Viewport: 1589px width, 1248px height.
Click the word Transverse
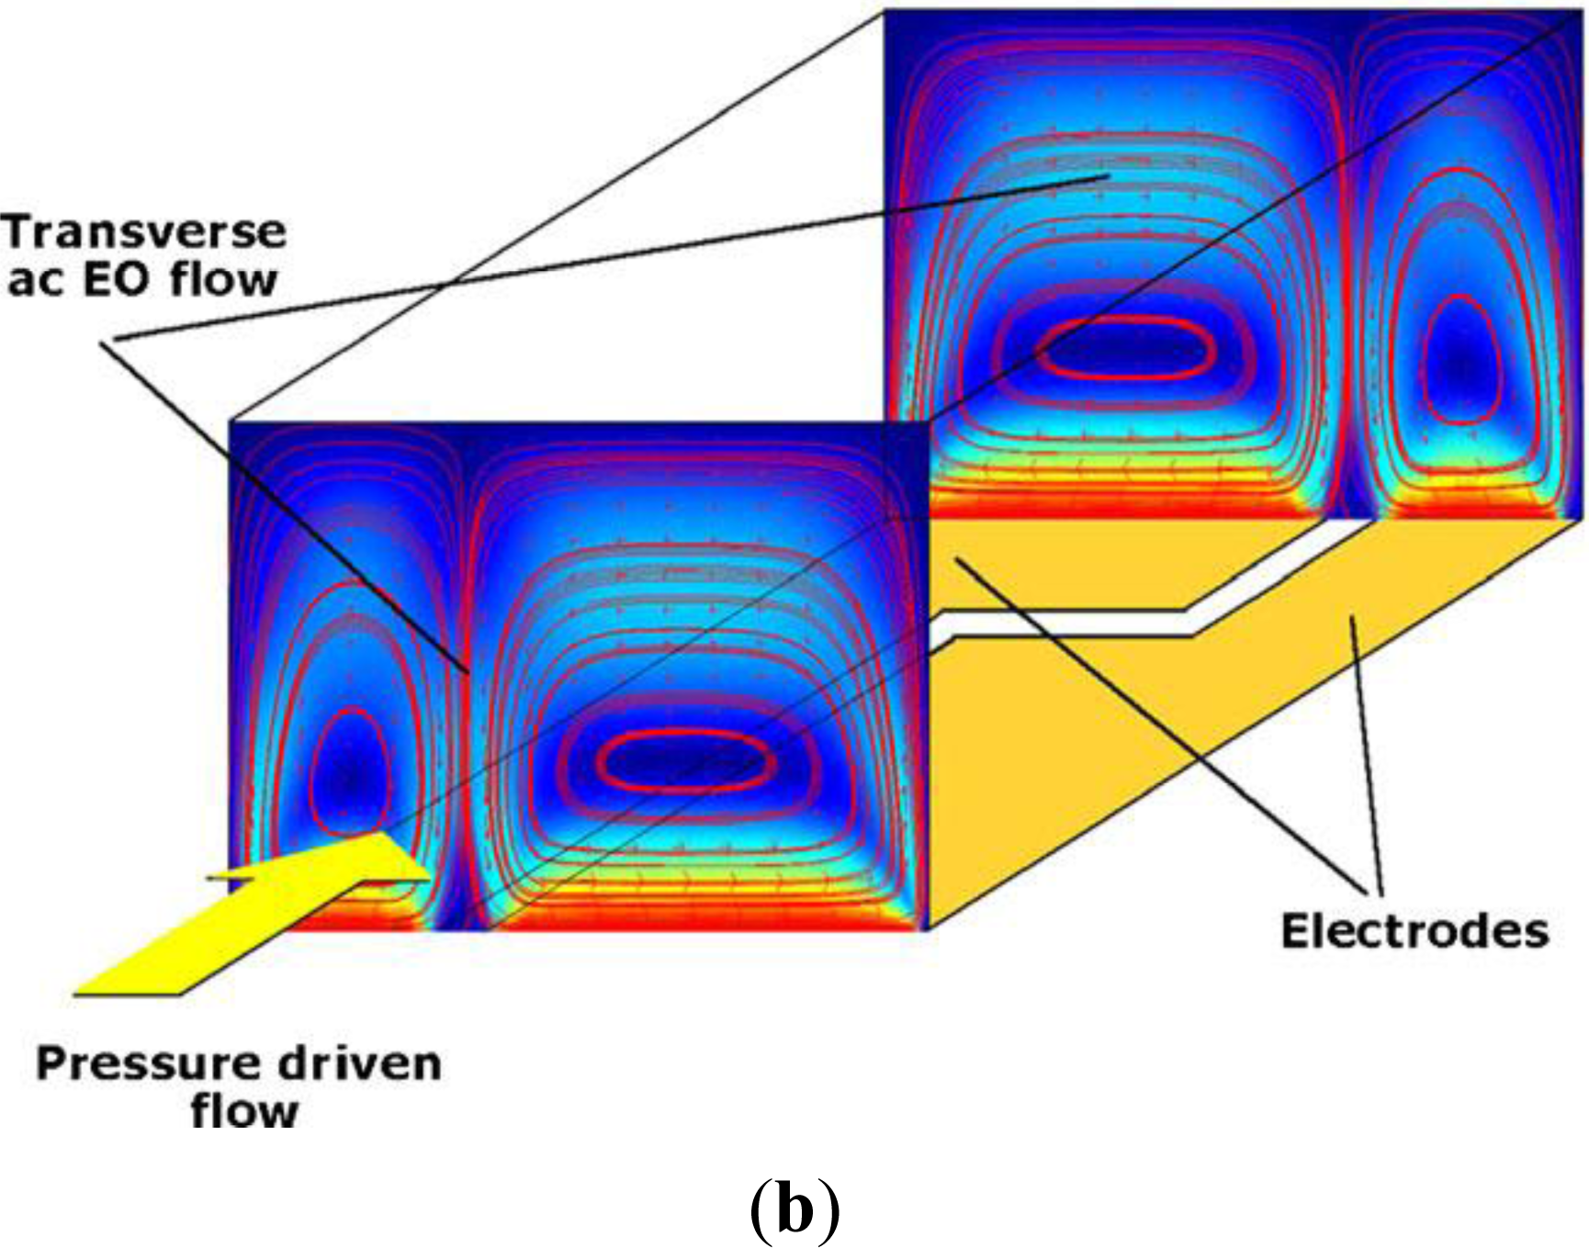tap(144, 231)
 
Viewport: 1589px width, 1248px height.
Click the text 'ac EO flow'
tap(142, 280)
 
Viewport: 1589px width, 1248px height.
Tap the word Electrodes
tap(1414, 931)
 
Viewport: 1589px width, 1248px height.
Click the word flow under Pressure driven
tap(244, 1111)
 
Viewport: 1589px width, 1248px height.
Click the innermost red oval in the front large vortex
tap(685, 761)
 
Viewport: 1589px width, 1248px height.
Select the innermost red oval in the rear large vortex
tap(1126, 347)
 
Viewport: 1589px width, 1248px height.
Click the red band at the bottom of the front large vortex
tap(707, 918)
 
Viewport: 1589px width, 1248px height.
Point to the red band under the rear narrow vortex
tap(1470, 507)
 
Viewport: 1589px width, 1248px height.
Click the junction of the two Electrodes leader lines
tap(1373, 893)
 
